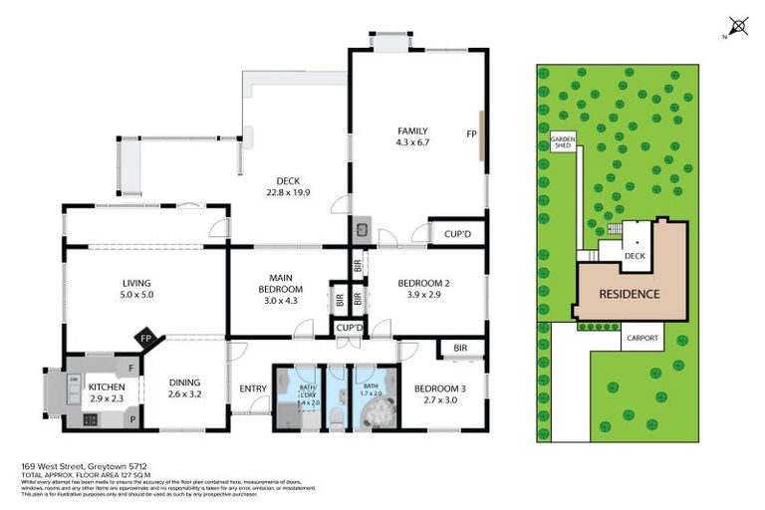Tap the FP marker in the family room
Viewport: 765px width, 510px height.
coord(471,132)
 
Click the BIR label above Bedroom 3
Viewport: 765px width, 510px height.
coord(460,349)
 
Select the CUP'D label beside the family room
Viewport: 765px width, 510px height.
coord(457,235)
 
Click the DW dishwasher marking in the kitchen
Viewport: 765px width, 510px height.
coord(74,379)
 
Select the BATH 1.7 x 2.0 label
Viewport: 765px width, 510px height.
coord(370,388)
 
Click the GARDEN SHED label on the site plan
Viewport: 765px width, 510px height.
coord(564,142)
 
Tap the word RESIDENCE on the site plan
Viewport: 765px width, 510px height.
coord(629,294)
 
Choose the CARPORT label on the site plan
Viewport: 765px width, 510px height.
coord(641,338)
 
